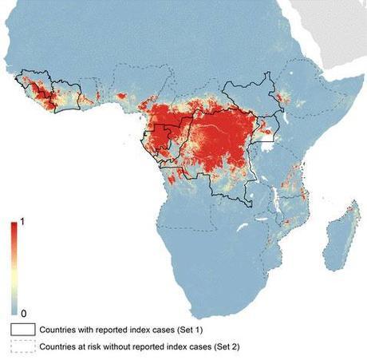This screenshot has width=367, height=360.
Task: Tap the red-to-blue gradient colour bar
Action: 15,267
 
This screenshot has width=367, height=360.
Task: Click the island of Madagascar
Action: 340,231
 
